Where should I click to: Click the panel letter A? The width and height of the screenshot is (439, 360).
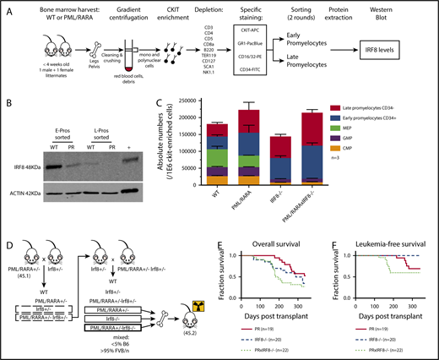8,9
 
